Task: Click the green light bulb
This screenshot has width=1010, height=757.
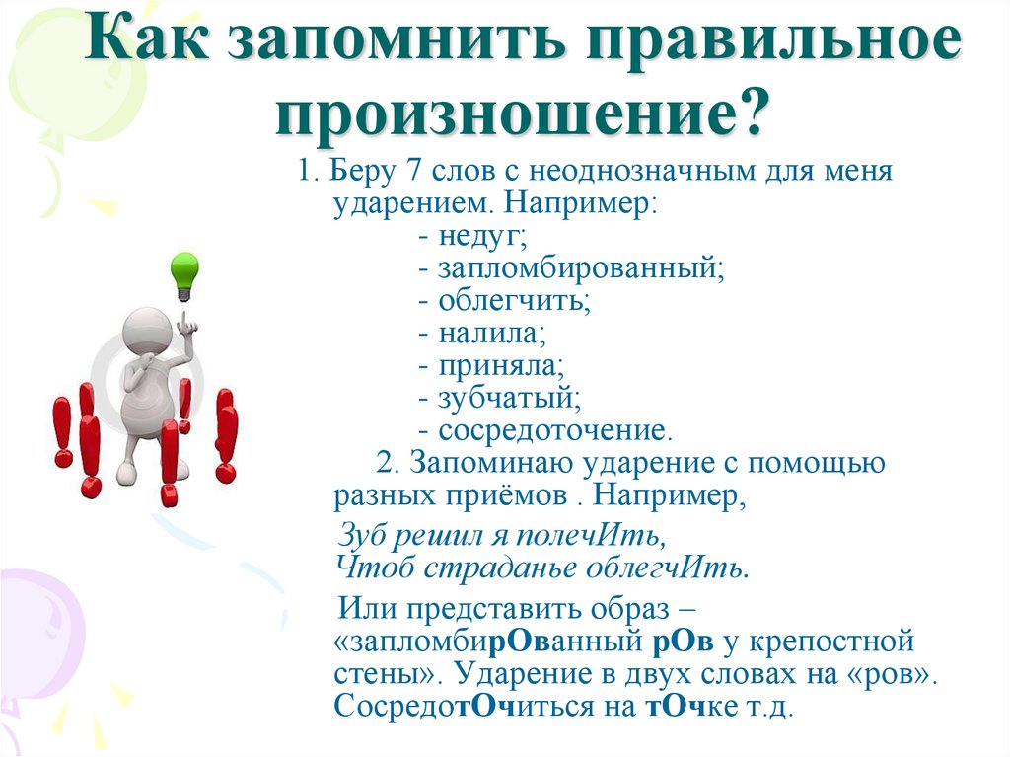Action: (x=183, y=273)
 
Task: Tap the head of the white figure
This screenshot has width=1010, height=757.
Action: (x=146, y=334)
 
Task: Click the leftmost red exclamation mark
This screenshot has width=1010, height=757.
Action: (x=63, y=431)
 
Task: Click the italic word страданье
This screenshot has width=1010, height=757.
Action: (x=515, y=568)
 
